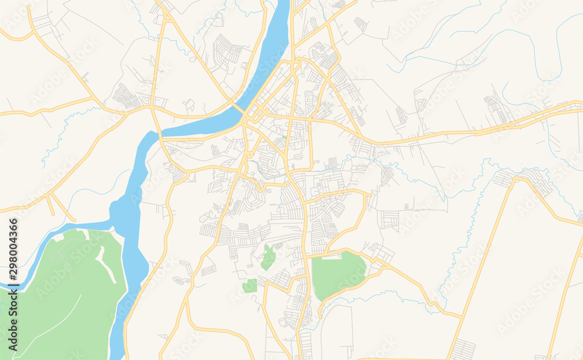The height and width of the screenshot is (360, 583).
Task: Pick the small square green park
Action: [250, 286]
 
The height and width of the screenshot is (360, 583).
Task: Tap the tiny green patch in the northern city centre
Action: [284, 138]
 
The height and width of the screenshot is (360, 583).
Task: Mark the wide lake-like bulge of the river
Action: [125, 213]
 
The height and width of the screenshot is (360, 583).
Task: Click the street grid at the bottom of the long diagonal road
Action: [463, 349]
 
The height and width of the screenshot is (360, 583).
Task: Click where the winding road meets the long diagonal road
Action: [461, 318]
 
